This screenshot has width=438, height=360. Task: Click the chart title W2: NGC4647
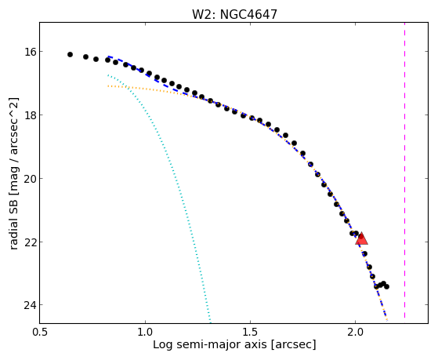point(234,14)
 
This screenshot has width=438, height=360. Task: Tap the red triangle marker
point(361,238)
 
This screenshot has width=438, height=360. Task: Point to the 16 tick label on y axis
point(29,52)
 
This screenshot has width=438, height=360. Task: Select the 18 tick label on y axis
point(29,115)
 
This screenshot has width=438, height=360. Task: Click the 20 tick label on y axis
point(29,179)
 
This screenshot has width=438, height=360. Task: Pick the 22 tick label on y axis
point(29,242)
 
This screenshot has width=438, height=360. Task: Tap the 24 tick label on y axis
point(29,305)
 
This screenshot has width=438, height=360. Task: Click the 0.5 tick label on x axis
point(40,332)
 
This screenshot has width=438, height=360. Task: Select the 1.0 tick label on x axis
point(145,332)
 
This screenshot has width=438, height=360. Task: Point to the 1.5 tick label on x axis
point(250,332)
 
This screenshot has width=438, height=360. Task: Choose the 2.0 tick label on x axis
point(355,332)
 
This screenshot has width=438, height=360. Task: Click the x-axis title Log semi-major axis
point(210,344)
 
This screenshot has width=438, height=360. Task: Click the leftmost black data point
point(70,55)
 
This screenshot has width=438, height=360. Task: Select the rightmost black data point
point(386,286)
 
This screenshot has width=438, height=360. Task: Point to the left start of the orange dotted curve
point(108,86)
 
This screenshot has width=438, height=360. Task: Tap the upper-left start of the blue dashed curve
point(108,56)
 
